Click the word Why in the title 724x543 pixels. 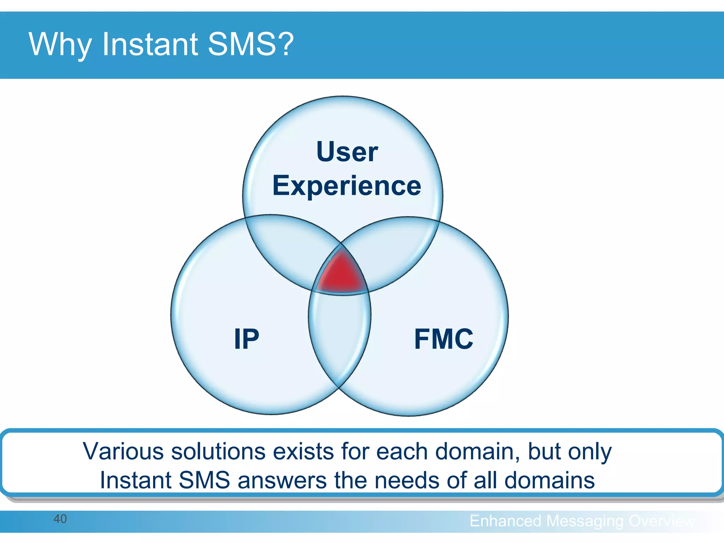click(60, 45)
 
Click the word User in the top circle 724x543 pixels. click(347, 152)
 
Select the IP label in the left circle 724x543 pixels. click(246, 339)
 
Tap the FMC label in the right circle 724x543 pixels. click(443, 339)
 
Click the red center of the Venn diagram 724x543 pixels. click(341, 274)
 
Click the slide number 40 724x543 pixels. click(60, 519)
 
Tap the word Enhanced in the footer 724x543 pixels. click(505, 521)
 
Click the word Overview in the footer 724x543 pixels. click(662, 521)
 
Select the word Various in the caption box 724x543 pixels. click(123, 451)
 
